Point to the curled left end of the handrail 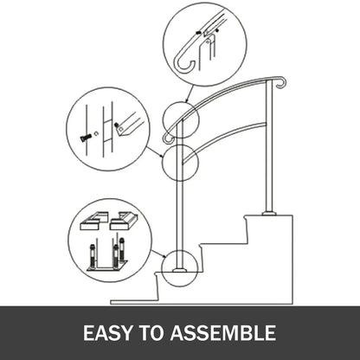pos(167,137)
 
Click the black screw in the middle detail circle pos(84,137)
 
